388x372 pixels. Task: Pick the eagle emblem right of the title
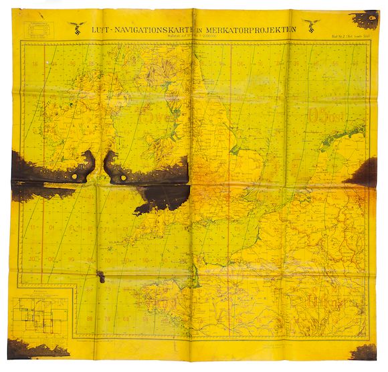pos(311,25)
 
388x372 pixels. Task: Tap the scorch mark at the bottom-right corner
pos(365,352)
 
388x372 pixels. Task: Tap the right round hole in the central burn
pos(122,179)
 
